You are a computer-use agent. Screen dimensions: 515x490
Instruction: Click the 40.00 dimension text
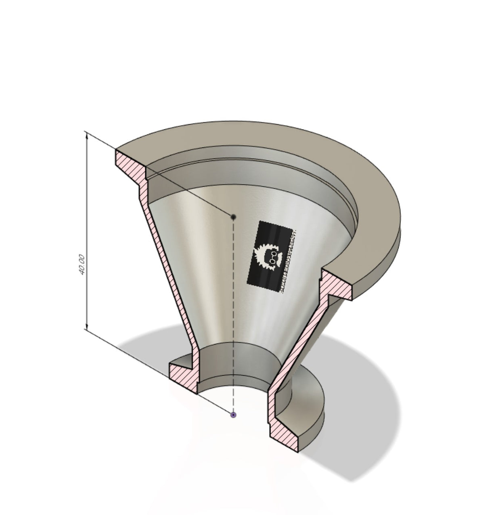pos(82,265)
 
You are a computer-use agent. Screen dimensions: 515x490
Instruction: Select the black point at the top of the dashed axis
pos(233,217)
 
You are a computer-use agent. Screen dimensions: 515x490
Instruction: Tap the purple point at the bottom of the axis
pos(233,415)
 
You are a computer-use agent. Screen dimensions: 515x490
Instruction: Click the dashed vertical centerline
pos(233,315)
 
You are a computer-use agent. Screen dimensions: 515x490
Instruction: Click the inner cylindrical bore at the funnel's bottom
pos(234,363)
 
